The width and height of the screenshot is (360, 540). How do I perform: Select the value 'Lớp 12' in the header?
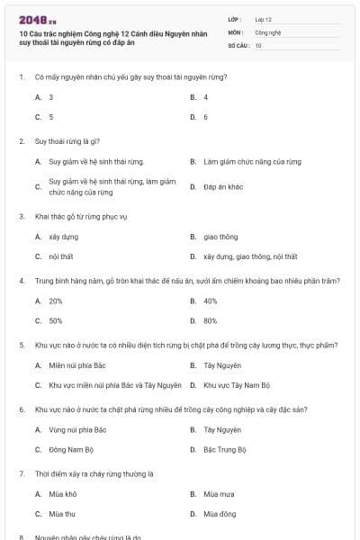[263, 19]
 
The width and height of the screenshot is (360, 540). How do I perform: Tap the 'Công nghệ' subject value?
[267, 31]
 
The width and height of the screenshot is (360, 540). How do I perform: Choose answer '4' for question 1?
[206, 96]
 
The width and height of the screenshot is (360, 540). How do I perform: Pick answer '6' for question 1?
[206, 117]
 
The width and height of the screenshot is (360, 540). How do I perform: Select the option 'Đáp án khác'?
[223, 186]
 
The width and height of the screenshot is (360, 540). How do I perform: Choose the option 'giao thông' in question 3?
[220, 237]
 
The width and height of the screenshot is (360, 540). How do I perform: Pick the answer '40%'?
[211, 301]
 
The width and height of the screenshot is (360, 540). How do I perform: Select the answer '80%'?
[211, 320]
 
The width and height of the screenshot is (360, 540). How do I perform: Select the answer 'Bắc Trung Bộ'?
[225, 449]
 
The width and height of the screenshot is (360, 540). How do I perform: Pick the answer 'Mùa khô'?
[63, 494]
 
